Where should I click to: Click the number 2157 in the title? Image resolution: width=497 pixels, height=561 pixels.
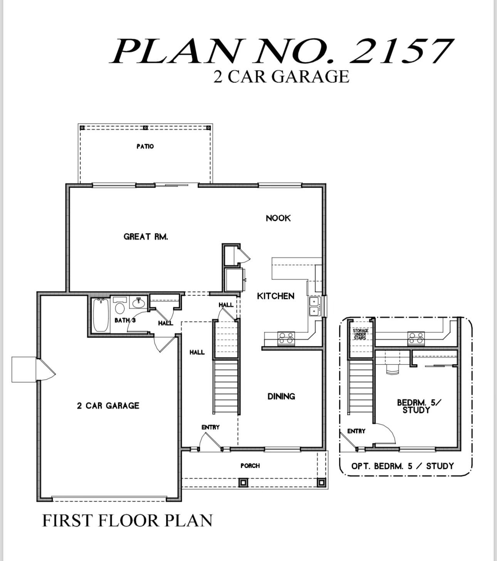[x=401, y=51]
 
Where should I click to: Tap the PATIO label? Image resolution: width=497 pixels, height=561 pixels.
[x=145, y=146]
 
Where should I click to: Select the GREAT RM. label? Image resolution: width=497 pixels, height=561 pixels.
[x=146, y=237]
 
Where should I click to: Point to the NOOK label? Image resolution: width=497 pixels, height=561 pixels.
[x=278, y=218]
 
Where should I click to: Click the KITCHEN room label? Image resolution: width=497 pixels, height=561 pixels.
[x=275, y=296]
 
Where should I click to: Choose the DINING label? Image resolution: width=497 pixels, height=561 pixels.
[x=281, y=396]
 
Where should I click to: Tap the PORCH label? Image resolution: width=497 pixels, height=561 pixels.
[x=250, y=466]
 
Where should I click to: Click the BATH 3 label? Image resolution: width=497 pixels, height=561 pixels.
[x=125, y=320]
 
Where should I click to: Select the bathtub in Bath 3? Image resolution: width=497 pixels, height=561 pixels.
[x=101, y=315]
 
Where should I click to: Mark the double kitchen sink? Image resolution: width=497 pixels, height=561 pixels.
[x=315, y=306]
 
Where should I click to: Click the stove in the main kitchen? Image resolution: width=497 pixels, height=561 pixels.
[x=286, y=338]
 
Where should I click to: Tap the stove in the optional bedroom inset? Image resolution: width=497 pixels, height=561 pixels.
[x=416, y=338]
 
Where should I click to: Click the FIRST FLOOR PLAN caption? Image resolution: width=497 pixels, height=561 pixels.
[x=127, y=521]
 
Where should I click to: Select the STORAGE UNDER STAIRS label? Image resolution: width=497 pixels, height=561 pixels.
[x=361, y=334]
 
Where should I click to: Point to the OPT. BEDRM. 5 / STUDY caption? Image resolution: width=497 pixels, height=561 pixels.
[x=403, y=466]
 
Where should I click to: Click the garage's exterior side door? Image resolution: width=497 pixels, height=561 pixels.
[x=45, y=370]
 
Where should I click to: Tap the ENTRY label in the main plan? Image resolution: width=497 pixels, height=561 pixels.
[x=210, y=427]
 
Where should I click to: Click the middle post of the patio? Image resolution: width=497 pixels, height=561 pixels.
[x=145, y=128]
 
